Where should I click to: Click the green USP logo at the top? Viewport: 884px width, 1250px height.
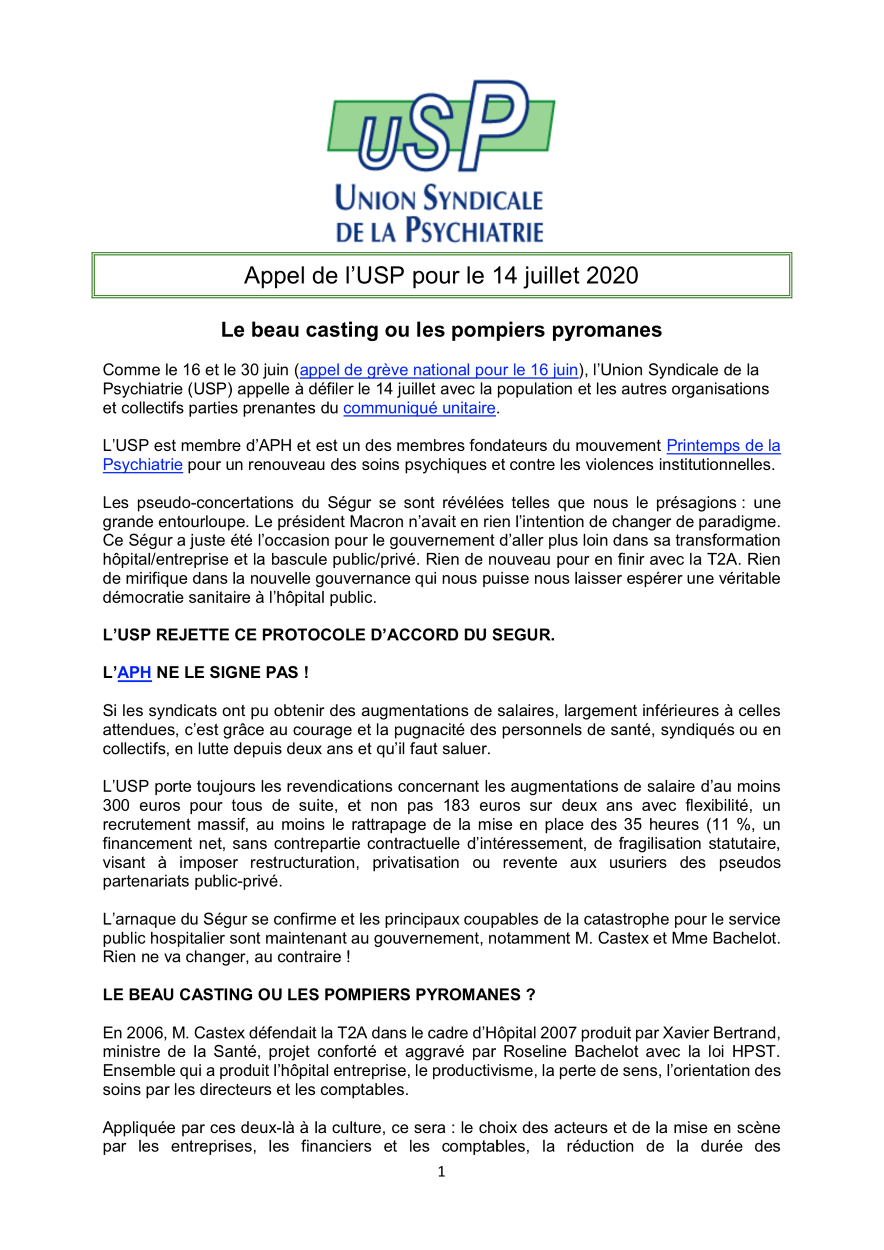(x=441, y=126)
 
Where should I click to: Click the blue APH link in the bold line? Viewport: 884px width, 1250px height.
(x=134, y=673)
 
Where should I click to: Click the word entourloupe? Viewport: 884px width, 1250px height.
(x=203, y=522)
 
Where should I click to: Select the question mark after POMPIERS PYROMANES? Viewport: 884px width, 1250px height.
(x=531, y=995)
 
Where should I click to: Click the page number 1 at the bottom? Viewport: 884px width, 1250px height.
(x=442, y=1171)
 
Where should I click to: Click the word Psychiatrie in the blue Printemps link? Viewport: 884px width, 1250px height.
(x=142, y=464)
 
